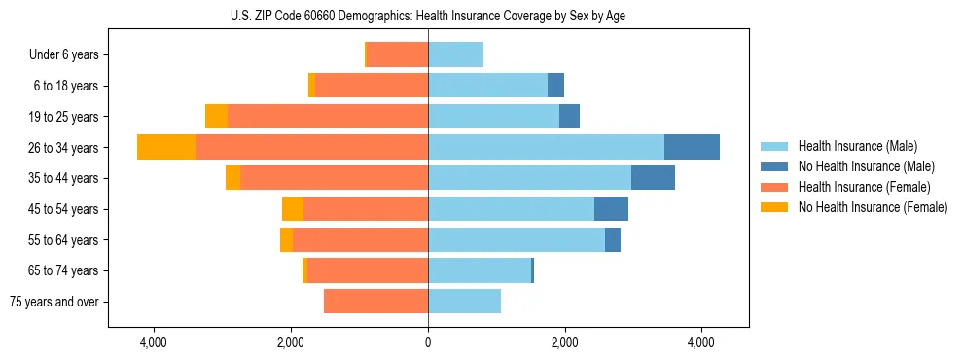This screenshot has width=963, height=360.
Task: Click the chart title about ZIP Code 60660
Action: coord(428,16)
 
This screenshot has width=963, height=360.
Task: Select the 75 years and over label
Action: coord(54,302)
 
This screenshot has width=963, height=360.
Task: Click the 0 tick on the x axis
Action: coord(428,342)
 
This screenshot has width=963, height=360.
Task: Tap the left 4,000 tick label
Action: coord(155,342)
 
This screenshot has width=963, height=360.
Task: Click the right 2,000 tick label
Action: coord(565,342)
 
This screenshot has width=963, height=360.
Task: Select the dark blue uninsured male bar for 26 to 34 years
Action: coord(692,147)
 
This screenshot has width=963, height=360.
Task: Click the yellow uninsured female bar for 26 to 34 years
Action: coord(166,147)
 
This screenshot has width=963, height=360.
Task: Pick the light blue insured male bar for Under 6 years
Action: coord(455,54)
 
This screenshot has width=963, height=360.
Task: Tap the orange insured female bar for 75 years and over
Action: coord(375,302)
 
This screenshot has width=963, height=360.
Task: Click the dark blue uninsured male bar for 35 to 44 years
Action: coord(653,178)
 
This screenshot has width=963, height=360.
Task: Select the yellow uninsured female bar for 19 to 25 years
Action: coord(216,116)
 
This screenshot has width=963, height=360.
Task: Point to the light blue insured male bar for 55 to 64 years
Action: coord(517,239)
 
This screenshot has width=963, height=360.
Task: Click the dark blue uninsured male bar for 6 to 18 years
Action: coord(555,86)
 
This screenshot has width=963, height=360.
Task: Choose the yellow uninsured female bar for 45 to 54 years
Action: coord(293,209)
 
